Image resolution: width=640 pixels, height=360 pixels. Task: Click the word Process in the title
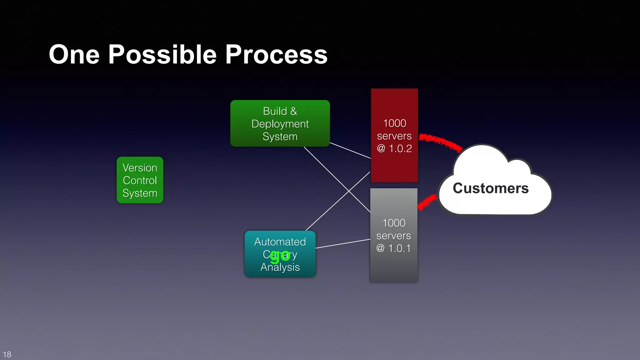(276, 55)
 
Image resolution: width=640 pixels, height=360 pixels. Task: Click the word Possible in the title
(162, 55)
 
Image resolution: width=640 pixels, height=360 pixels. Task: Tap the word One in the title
(74, 55)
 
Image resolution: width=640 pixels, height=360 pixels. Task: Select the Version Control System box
(140, 180)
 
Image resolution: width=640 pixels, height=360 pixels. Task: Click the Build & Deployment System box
(280, 123)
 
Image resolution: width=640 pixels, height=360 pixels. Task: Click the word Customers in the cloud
(491, 188)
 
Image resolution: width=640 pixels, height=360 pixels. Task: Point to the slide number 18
(7, 354)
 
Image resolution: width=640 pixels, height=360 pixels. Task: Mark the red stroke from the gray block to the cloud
(427, 202)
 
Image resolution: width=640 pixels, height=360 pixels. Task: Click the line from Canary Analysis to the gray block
(343, 244)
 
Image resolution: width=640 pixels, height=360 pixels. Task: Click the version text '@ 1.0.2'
(394, 148)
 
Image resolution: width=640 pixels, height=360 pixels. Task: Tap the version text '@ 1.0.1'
(393, 248)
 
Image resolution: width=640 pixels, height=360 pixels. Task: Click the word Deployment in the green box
(280, 124)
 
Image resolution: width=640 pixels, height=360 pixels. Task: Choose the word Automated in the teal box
(280, 242)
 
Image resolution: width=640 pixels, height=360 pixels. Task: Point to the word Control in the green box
(140, 181)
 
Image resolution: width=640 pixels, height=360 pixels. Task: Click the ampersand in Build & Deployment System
(293, 111)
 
